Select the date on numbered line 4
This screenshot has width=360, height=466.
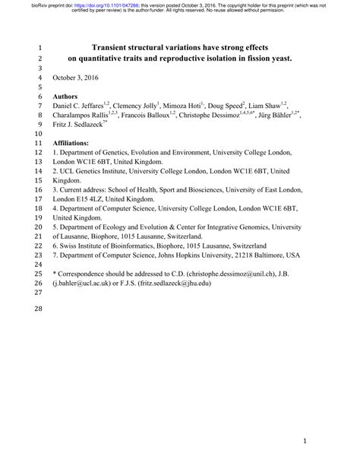[x=77, y=78]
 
